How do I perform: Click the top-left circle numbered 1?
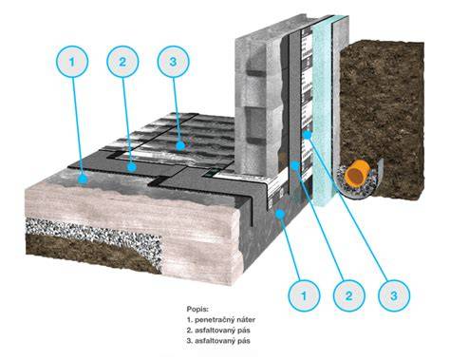pyautogui.click(x=72, y=62)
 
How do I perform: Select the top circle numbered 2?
pyautogui.click(x=122, y=62)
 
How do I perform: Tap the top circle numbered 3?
pyautogui.click(x=173, y=62)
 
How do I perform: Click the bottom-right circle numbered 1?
pyautogui.click(x=304, y=295)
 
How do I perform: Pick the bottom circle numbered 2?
pyautogui.click(x=348, y=295)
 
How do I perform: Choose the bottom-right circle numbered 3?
pyautogui.click(x=394, y=295)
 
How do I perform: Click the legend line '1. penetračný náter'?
pyautogui.click(x=221, y=319)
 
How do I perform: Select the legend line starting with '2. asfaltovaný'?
pyautogui.click(x=218, y=331)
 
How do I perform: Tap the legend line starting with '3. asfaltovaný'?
pyautogui.click(x=218, y=341)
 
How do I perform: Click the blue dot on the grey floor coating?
pyautogui.click(x=83, y=180)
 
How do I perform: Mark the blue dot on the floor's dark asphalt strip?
pyautogui.click(x=132, y=167)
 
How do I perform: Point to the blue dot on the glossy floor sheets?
pyautogui.click(x=180, y=145)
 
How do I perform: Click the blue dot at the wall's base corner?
pyautogui.click(x=280, y=214)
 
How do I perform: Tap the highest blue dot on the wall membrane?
pyautogui.click(x=308, y=135)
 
